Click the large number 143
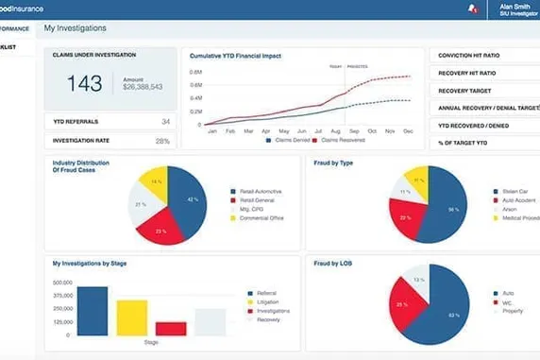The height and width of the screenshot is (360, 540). [85, 84]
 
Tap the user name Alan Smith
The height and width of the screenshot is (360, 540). [515, 6]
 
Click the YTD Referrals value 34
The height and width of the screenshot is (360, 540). [165, 122]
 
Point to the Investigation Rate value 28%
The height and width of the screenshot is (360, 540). [163, 141]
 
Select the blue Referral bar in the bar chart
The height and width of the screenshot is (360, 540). [92, 310]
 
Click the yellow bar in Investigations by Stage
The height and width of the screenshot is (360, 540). [132, 317]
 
